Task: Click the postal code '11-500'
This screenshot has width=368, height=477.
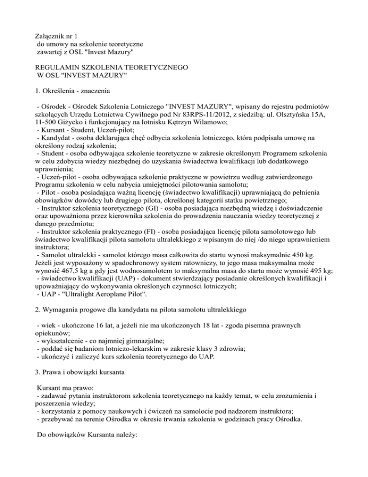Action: coord(46,130)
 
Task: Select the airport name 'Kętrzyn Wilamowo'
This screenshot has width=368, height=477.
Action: coord(207,130)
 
